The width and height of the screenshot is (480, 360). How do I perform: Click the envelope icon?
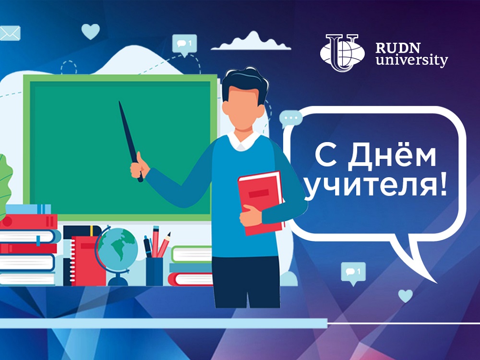(x=10, y=34)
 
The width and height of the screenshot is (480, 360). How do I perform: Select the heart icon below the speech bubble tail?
(x=405, y=296)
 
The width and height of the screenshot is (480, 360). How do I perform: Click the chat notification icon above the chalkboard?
(x=184, y=45)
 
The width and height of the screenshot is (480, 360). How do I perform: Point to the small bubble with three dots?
(x=290, y=119)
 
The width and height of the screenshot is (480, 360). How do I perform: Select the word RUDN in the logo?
(x=397, y=48)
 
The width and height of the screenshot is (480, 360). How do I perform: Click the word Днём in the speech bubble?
(x=392, y=157)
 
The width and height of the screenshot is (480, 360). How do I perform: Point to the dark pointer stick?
(x=131, y=141)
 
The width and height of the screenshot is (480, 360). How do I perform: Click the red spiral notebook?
(x=88, y=261)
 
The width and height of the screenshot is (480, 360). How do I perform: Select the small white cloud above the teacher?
(x=251, y=41)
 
